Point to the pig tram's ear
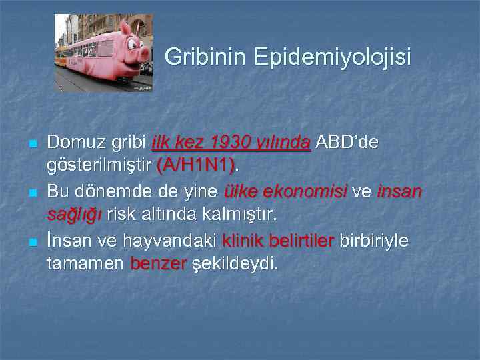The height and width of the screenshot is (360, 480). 125,28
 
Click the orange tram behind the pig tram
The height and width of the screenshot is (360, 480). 61,56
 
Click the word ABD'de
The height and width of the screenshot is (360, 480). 347,142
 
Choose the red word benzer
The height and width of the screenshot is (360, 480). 159,263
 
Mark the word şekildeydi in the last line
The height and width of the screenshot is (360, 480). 235,263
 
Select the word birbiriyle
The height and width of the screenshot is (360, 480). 375,239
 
